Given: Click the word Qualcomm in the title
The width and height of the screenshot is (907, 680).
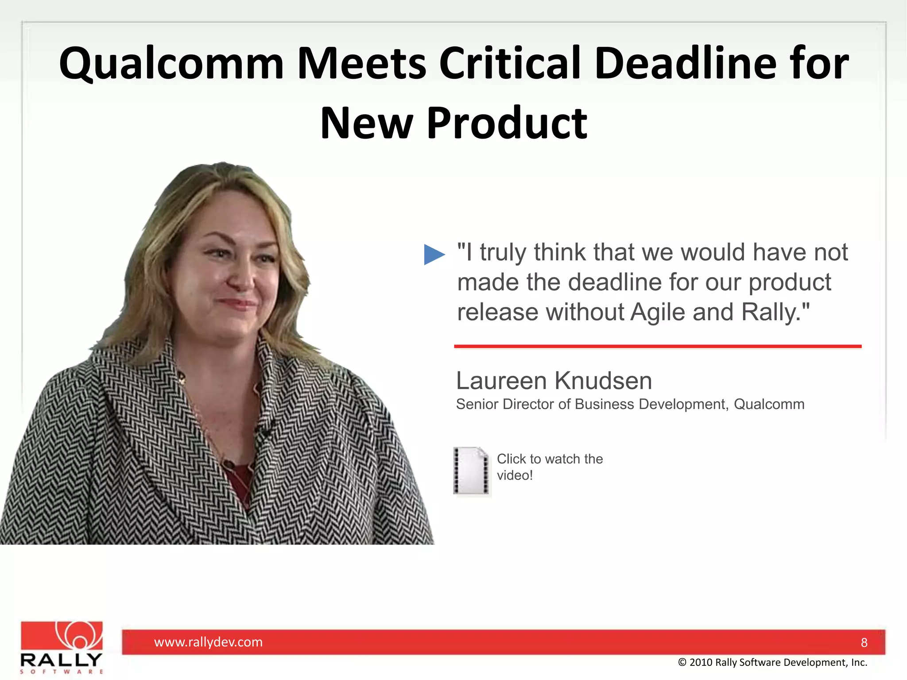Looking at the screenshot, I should pyautogui.click(x=171, y=64).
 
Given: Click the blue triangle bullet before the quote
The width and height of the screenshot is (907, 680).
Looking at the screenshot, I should pyautogui.click(x=434, y=255).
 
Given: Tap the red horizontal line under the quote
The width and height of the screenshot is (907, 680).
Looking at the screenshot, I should pyautogui.click(x=658, y=346).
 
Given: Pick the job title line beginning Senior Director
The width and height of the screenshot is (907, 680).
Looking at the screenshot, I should pyautogui.click(x=630, y=404).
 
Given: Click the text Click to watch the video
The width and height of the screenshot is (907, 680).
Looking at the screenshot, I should pyautogui.click(x=549, y=467).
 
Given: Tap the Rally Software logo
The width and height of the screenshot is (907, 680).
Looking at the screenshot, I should pyautogui.click(x=62, y=647).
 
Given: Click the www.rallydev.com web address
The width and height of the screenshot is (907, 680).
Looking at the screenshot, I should pyautogui.click(x=208, y=642).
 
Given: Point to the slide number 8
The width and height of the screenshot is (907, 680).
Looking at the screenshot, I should pyautogui.click(x=864, y=643).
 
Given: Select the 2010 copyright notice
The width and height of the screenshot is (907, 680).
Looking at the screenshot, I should pyautogui.click(x=772, y=662).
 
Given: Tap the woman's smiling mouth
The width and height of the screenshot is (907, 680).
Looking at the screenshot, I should pyautogui.click(x=237, y=304).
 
